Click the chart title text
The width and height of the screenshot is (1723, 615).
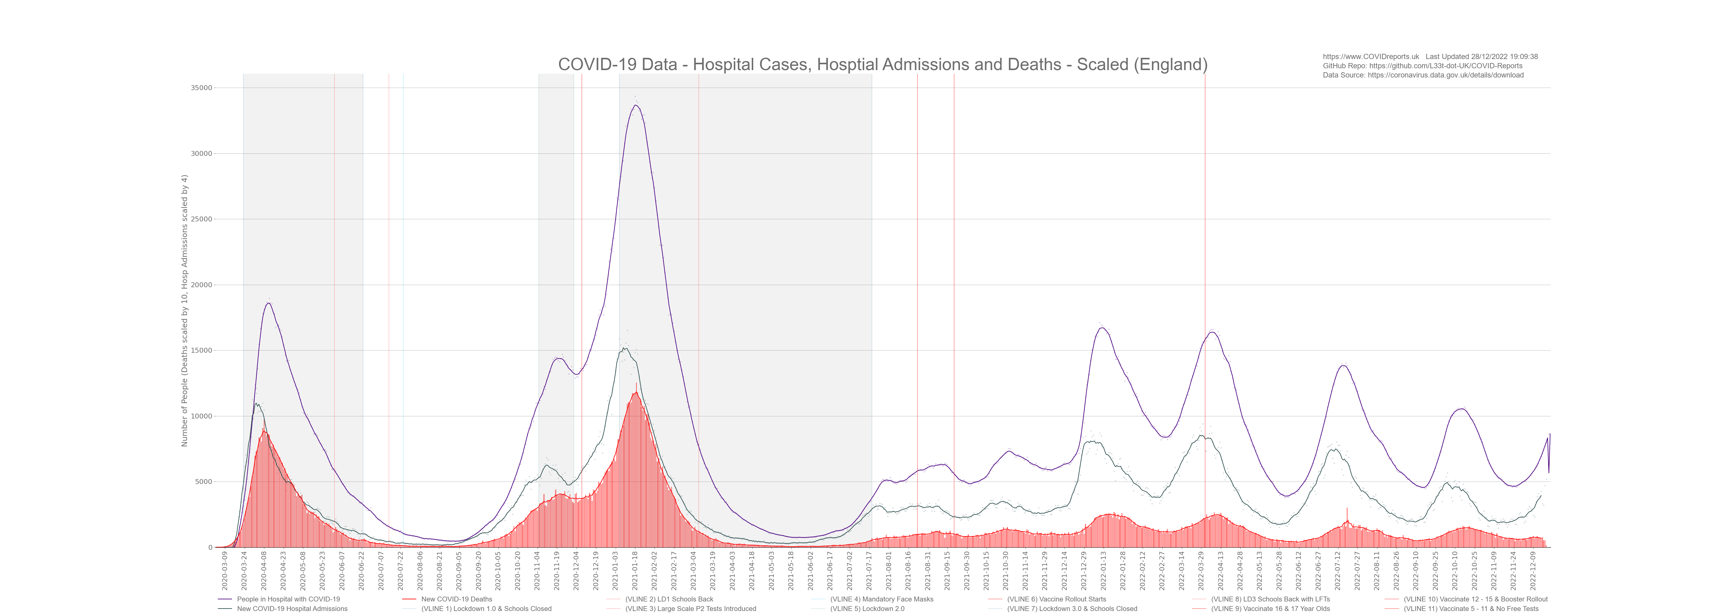coord(882,65)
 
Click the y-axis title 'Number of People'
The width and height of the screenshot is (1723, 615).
coord(185,311)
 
